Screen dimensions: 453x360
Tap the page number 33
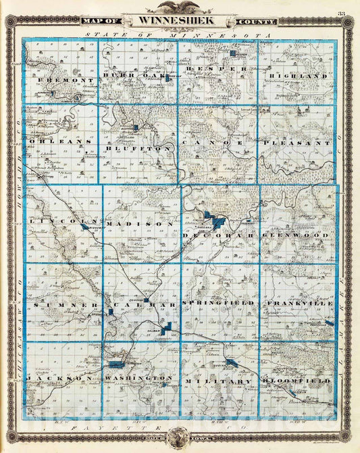342,13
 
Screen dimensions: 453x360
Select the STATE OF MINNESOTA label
179,34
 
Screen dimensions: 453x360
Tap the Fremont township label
61,80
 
